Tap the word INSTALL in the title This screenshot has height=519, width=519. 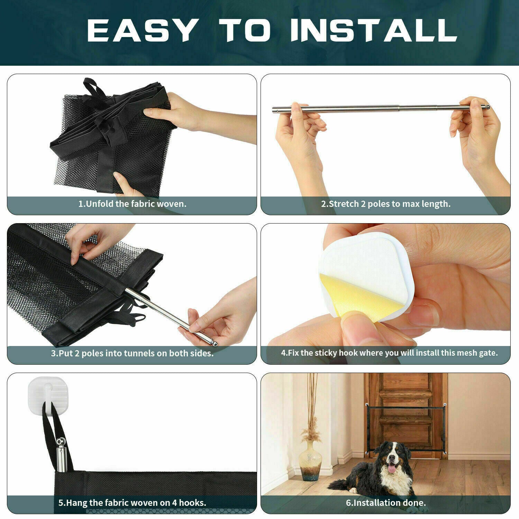click(374, 30)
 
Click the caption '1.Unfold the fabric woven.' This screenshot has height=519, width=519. click(132, 204)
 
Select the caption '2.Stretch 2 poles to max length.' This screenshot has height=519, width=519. click(386, 204)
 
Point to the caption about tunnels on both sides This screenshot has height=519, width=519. click(132, 353)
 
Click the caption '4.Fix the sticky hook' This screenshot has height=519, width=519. click(389, 353)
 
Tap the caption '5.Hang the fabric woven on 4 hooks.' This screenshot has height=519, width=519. click(132, 502)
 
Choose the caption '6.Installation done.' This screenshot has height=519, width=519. click(386, 502)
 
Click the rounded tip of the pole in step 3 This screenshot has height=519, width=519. click(215, 343)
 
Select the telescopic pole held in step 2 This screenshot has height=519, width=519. click(381, 108)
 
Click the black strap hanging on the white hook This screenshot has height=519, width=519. click(48, 432)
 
